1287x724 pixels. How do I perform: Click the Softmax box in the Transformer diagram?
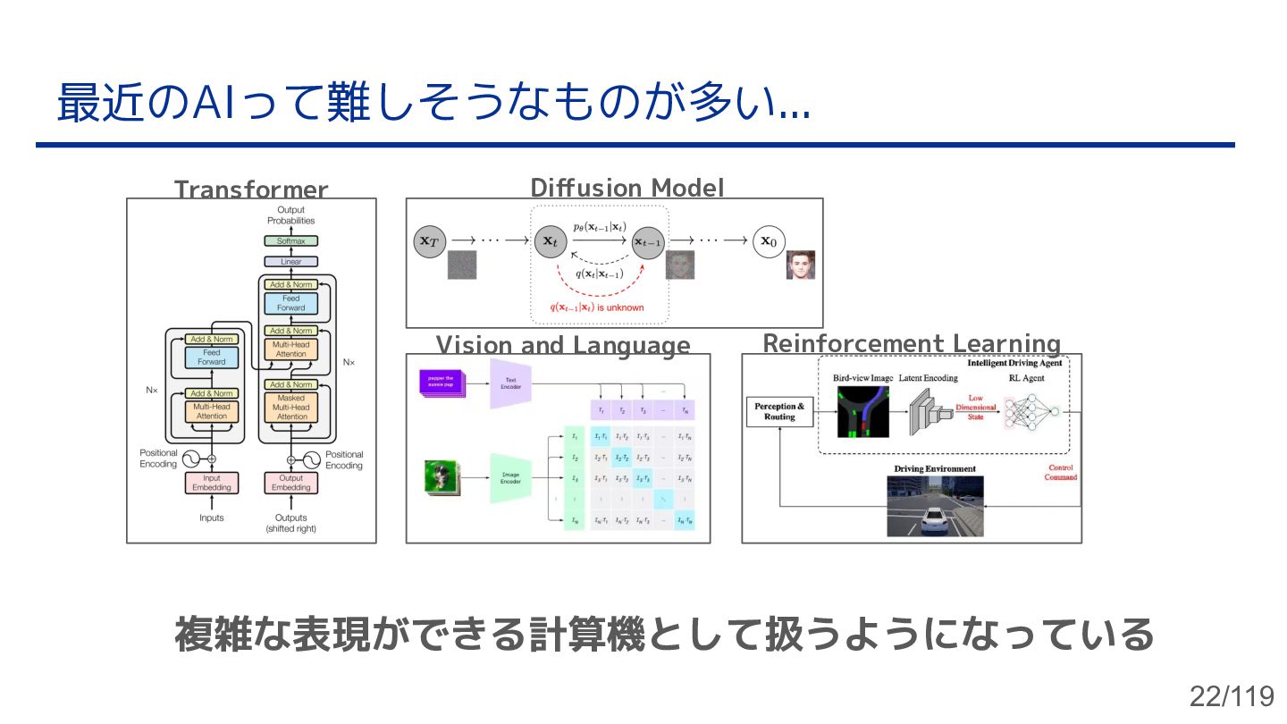290,241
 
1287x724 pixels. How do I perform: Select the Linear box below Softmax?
290,262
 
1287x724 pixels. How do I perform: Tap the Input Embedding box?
212,483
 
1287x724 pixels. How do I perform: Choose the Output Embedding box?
290,483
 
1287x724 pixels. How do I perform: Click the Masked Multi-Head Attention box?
290,408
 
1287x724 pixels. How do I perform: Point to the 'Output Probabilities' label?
290,215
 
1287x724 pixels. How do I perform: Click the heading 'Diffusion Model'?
627,188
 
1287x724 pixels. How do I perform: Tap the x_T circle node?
429,240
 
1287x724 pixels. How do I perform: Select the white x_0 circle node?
769,240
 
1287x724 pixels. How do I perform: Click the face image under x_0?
801,265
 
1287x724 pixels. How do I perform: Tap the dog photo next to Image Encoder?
441,477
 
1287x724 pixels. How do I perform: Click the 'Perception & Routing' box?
779,412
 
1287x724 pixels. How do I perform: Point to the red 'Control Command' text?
1061,473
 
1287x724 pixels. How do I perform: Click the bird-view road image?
862,412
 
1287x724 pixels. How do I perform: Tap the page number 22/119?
1231,695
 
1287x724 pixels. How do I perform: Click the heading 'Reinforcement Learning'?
912,344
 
